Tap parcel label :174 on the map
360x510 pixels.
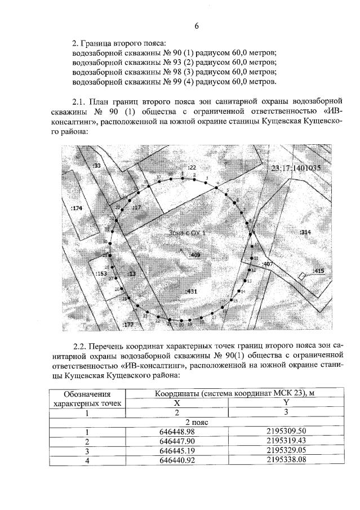click(x=77, y=209)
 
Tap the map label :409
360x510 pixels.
click(x=195, y=255)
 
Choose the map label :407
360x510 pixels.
click(x=267, y=264)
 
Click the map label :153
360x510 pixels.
click(x=101, y=273)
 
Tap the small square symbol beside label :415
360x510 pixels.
click(x=303, y=275)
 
